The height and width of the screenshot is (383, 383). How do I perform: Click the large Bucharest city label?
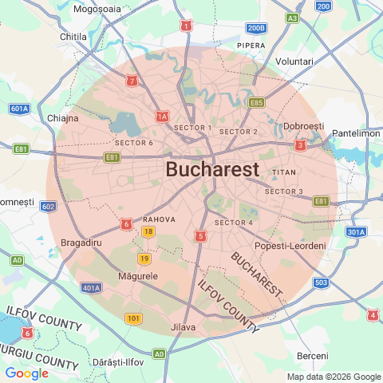point(212,169)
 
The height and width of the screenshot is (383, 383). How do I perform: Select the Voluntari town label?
point(294,61)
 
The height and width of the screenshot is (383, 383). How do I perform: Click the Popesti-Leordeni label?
point(290,245)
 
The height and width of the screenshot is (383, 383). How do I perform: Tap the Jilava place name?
point(183,327)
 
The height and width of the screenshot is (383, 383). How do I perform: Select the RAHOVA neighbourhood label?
point(159,219)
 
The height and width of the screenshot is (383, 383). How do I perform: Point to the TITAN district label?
point(284,172)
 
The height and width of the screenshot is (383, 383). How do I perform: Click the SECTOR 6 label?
point(134,143)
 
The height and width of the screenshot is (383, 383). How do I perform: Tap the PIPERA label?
point(251,45)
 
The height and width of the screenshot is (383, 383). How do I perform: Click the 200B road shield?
point(255,29)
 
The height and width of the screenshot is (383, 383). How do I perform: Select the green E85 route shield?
point(256,103)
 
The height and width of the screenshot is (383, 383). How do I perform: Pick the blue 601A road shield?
point(20,109)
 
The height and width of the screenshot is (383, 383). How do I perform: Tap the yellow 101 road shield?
point(133,318)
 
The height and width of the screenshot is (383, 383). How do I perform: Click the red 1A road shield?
point(162,117)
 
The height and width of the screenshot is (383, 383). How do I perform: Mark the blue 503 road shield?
point(322,282)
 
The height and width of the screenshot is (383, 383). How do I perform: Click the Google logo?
point(26,373)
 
